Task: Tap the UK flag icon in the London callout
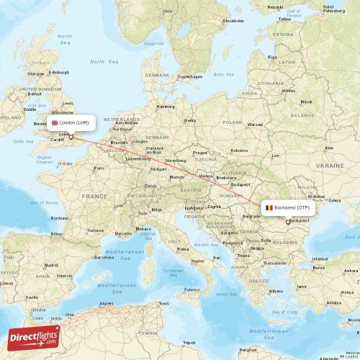click(x=55, y=122)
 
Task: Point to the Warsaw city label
click(x=255, y=124)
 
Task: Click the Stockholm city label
click(x=233, y=21)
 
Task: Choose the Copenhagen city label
click(x=190, y=76)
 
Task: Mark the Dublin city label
click(x=30, y=109)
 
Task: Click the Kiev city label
click(x=329, y=148)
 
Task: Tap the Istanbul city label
click(x=320, y=258)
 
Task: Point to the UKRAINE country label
click(x=330, y=166)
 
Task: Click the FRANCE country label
click(x=94, y=196)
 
